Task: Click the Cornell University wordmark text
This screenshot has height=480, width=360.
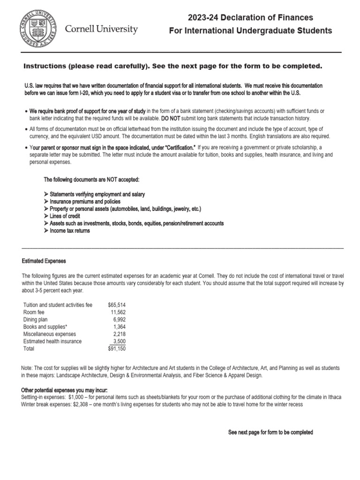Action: click(x=101, y=30)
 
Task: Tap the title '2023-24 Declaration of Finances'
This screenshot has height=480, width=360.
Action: click(x=250, y=18)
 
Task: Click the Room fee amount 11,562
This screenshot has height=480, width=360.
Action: click(x=118, y=312)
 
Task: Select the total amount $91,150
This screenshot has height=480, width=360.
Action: click(x=117, y=349)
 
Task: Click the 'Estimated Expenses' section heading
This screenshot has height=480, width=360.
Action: click(x=44, y=261)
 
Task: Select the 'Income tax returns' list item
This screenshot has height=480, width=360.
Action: click(x=70, y=231)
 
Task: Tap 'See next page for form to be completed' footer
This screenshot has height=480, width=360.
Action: click(x=270, y=432)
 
